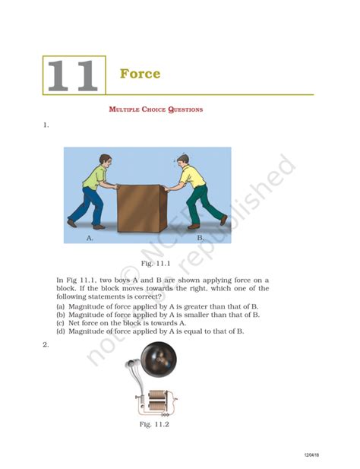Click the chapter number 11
point(73,75)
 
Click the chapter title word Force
point(140,74)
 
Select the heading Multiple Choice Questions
point(156,109)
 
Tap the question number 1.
point(46,125)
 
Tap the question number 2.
point(46,344)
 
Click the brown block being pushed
point(139,208)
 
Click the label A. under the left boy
point(90,238)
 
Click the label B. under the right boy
point(201,238)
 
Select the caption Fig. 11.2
point(154,424)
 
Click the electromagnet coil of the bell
point(158,400)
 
